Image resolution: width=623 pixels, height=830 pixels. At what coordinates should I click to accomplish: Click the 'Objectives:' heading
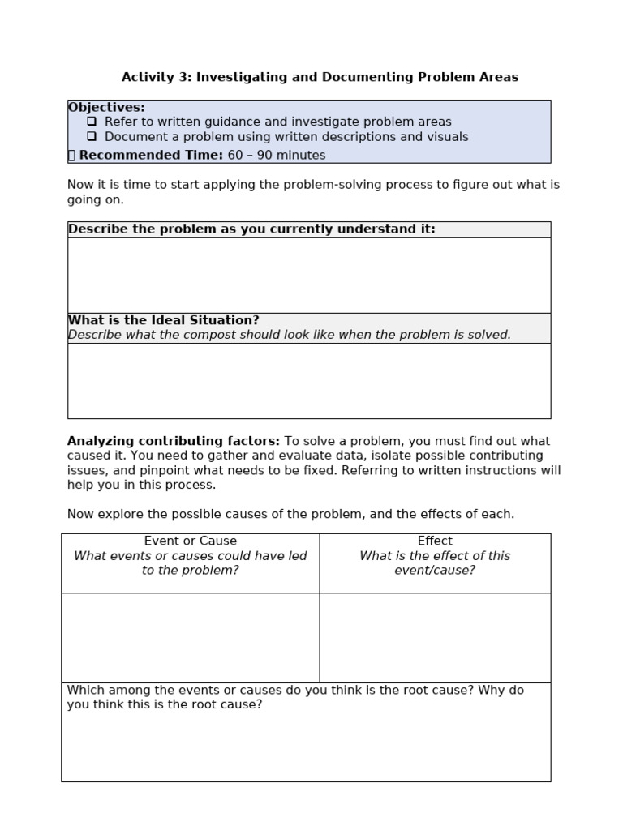click(x=106, y=108)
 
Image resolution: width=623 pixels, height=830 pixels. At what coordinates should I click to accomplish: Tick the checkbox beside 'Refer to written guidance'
click(x=92, y=122)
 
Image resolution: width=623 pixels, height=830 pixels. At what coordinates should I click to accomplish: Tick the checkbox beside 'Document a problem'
click(x=92, y=137)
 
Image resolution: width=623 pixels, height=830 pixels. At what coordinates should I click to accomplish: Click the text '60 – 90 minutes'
click(x=276, y=156)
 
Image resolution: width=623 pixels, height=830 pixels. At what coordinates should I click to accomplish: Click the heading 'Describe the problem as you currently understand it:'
click(x=251, y=229)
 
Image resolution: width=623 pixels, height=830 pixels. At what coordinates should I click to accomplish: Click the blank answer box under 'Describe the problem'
click(x=308, y=275)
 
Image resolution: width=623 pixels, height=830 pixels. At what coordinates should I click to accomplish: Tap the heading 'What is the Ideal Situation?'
click(x=163, y=320)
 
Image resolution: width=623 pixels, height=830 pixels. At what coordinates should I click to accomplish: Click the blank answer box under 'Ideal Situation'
click(x=308, y=380)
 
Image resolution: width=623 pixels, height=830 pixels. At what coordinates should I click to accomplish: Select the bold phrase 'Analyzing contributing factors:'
click(x=174, y=442)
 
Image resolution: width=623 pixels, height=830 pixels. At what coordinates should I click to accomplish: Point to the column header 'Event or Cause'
click(x=191, y=541)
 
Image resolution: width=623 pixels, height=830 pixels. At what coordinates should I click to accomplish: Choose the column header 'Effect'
click(x=435, y=541)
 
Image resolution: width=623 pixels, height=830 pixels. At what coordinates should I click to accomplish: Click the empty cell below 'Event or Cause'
click(x=191, y=637)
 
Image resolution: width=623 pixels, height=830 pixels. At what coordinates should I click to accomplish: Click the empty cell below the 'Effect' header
click(x=435, y=637)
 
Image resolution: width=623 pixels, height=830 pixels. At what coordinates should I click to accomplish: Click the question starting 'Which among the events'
click(x=295, y=697)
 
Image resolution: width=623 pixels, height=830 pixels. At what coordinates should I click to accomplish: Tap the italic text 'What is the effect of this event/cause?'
click(x=435, y=563)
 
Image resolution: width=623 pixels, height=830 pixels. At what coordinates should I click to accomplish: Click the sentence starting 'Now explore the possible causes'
click(x=290, y=514)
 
